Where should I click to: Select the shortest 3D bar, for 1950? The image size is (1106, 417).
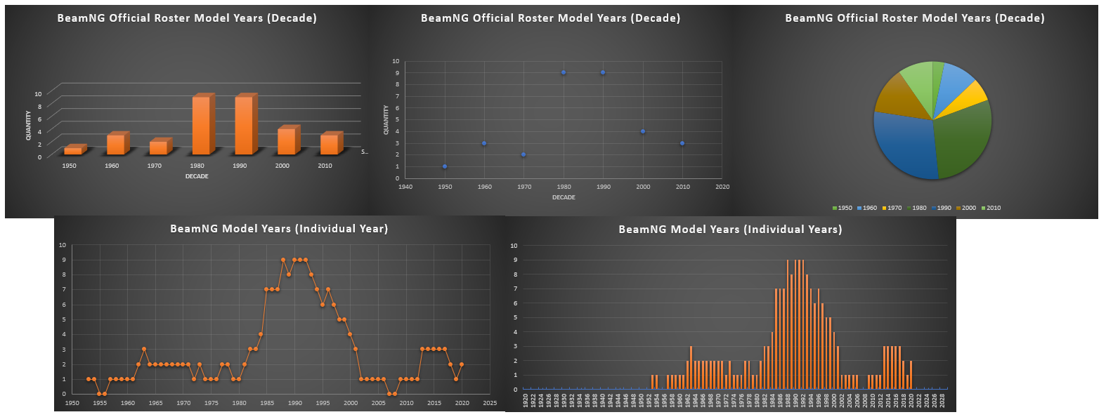pos(72,151)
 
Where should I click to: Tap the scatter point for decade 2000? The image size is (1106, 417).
pos(643,131)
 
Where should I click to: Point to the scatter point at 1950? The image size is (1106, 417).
pos(445,166)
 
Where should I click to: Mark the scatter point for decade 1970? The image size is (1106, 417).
pos(523,154)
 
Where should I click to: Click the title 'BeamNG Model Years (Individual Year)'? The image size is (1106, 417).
pos(279,228)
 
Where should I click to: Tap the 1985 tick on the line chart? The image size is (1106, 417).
pos(267,403)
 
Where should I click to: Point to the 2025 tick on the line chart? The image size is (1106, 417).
pos(490,403)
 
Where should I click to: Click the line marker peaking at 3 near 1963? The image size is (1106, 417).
pos(144,349)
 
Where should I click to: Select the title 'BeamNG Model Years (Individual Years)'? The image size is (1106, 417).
pos(730,229)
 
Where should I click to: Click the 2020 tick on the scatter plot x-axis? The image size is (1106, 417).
pos(722,187)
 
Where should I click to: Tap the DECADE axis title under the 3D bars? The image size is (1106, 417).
pos(197,176)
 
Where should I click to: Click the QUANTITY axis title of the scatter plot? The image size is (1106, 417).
pos(386,120)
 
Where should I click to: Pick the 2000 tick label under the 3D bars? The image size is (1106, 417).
pos(282,166)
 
